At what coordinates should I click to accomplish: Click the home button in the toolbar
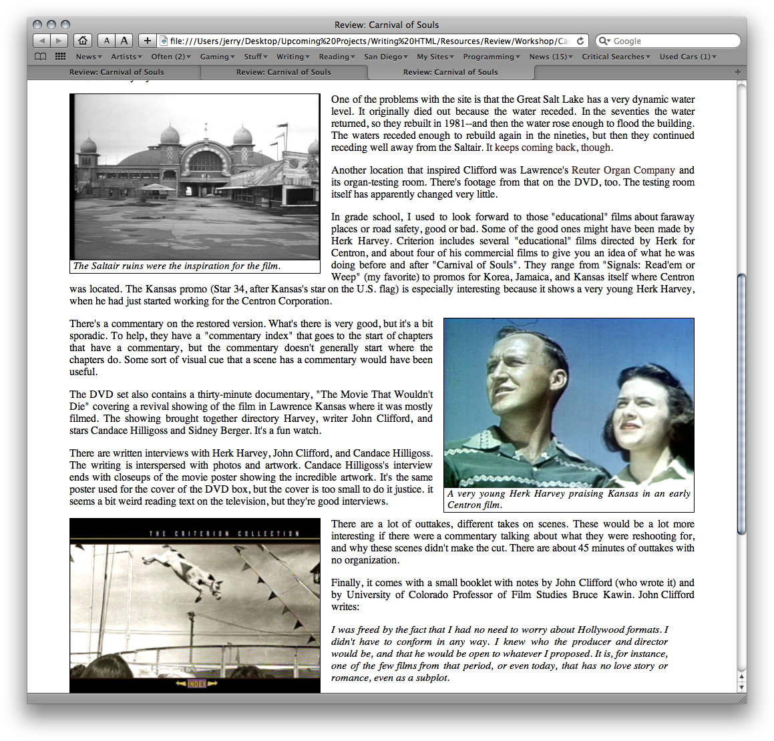coord(82,41)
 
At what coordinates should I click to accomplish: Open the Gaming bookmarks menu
coord(218,57)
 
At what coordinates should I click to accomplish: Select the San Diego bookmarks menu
coord(386,57)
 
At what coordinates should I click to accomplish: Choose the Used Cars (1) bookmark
coord(688,57)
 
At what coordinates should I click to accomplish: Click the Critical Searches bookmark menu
coord(616,57)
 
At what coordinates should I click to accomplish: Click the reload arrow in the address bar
coord(580,41)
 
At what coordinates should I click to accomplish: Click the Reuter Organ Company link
coord(623,170)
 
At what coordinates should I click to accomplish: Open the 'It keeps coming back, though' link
coord(549,148)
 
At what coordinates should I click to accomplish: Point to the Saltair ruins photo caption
coord(177,266)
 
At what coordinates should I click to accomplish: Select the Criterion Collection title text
coord(224,533)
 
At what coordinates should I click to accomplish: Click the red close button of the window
coord(37,25)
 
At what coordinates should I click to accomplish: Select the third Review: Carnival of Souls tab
coord(450,72)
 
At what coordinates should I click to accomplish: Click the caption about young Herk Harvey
coord(569,499)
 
